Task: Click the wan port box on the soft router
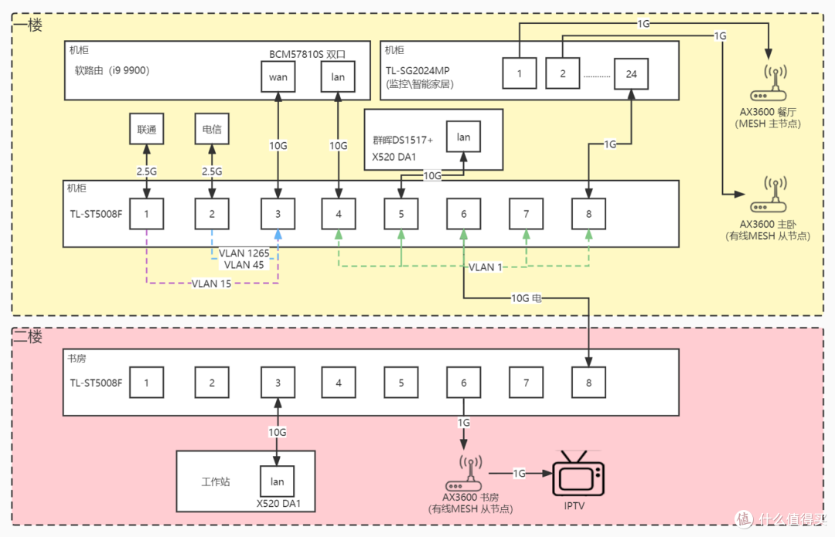click(278, 76)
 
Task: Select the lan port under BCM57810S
click(338, 76)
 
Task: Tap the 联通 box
click(146, 129)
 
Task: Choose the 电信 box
click(212, 129)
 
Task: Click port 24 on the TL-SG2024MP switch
click(631, 73)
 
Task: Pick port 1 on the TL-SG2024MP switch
click(520, 73)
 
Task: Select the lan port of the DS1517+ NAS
click(463, 137)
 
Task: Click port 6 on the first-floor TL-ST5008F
click(463, 214)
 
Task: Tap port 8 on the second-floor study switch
click(588, 382)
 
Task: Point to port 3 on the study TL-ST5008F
click(278, 382)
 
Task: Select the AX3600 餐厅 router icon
click(769, 83)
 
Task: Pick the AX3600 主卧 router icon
click(769, 195)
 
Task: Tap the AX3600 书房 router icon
click(463, 473)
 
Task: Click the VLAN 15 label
click(211, 284)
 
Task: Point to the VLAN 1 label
click(485, 267)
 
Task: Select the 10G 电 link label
click(527, 298)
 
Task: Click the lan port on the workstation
click(277, 481)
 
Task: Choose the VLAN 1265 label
click(244, 253)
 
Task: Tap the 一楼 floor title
click(28, 25)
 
